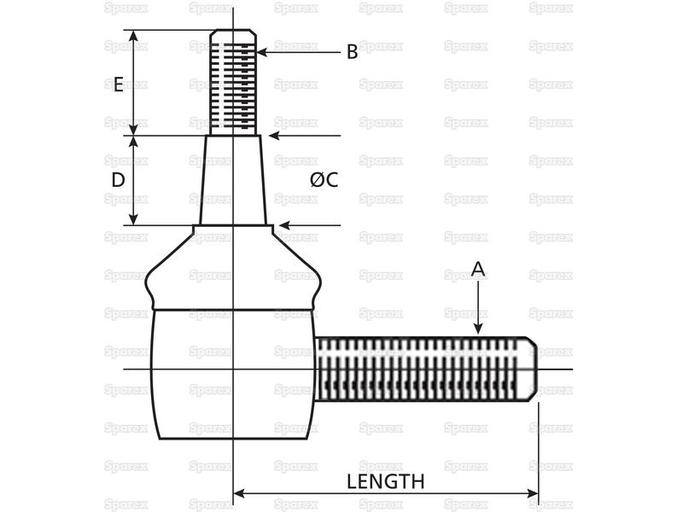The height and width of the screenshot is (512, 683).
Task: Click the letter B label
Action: click(352, 52)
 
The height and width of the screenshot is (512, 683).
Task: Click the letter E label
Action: click(119, 84)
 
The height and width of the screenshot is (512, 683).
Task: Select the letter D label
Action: click(119, 180)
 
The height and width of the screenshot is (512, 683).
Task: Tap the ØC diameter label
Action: click(324, 180)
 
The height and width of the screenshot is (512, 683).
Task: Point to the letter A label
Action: click(478, 270)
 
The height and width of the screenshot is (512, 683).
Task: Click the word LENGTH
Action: click(385, 481)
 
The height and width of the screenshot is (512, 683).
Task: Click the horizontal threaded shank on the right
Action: click(423, 369)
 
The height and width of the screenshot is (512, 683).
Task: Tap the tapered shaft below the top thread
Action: click(233, 180)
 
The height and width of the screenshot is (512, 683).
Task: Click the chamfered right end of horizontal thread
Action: click(531, 369)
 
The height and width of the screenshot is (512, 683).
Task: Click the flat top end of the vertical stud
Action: click(233, 31)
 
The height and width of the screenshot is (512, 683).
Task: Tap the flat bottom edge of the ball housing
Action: click(233, 439)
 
